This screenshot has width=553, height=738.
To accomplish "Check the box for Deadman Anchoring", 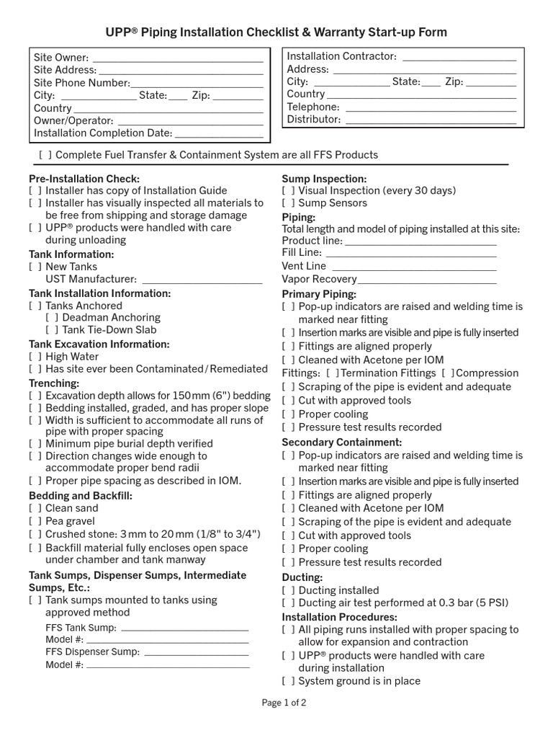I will point(51,317).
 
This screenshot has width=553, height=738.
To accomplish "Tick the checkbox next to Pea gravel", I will point(35,521).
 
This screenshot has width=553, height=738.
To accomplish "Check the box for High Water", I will point(35,357).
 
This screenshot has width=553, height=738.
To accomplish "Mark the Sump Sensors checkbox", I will point(288,203).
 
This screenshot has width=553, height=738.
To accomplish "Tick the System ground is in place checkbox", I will point(288,681).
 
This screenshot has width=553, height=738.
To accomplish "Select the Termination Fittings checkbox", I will point(332,373).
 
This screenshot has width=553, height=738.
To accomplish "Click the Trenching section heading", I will point(54,383).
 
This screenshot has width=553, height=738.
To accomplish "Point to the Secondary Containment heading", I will point(341,442).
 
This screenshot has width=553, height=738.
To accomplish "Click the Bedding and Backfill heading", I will point(81,496).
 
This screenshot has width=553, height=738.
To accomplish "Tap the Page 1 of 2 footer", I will point(284,703).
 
